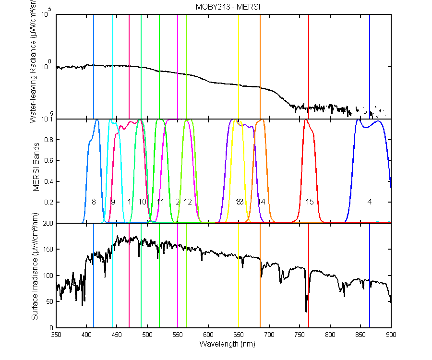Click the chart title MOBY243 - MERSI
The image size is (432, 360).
pyautogui.click(x=224, y=7)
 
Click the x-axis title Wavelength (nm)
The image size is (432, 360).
pyautogui.click(x=224, y=344)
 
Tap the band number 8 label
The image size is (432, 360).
pyautogui.click(x=94, y=202)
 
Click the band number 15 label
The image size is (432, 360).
pyautogui.click(x=310, y=202)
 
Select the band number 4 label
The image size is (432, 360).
pyautogui.click(x=370, y=202)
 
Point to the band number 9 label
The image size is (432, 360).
pyautogui.click(x=113, y=202)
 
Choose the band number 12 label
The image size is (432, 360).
pyautogui.click(x=188, y=202)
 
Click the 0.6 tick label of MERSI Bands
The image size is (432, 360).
pyautogui.click(x=48, y=161)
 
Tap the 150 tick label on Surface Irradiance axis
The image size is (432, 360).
pyautogui.click(x=47, y=250)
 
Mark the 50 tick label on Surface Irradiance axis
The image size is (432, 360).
pyautogui.click(x=48, y=301)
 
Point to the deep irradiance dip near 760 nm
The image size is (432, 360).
pyautogui.click(x=306, y=311)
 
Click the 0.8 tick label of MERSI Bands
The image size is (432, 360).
pyautogui.click(x=48, y=140)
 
